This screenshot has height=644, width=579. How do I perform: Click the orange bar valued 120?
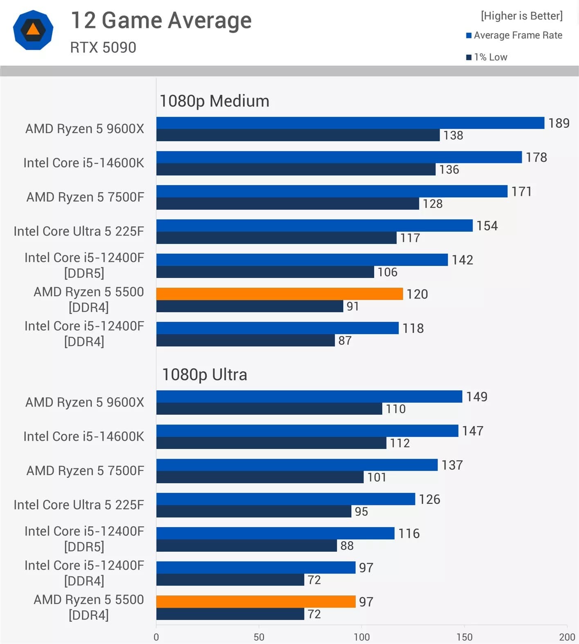[x=279, y=294]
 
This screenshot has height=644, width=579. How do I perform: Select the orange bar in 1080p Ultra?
[x=256, y=602]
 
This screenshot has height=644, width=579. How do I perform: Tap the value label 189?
[x=559, y=123]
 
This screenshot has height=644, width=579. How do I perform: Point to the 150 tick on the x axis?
[x=464, y=637]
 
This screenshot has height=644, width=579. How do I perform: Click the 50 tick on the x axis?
[x=259, y=637]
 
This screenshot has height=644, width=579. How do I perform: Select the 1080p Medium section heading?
[x=214, y=101]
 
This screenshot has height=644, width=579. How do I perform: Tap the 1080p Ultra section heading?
[x=204, y=375]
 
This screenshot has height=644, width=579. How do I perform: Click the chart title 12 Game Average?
[x=161, y=20]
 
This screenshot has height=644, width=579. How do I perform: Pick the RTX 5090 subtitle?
[x=103, y=47]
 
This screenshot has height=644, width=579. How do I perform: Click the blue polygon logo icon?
[x=33, y=30]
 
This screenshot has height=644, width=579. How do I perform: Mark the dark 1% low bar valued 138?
[x=298, y=135]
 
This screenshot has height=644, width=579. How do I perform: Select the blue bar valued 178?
[x=339, y=157]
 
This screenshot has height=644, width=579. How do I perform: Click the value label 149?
[x=476, y=397]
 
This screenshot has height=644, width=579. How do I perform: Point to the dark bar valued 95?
[x=254, y=511]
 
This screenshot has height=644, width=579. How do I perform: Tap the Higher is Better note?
[x=522, y=16]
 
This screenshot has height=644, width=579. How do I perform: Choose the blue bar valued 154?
[x=314, y=226]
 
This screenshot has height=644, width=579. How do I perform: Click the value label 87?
[x=345, y=340]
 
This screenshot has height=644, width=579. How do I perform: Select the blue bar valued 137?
[x=296, y=465]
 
